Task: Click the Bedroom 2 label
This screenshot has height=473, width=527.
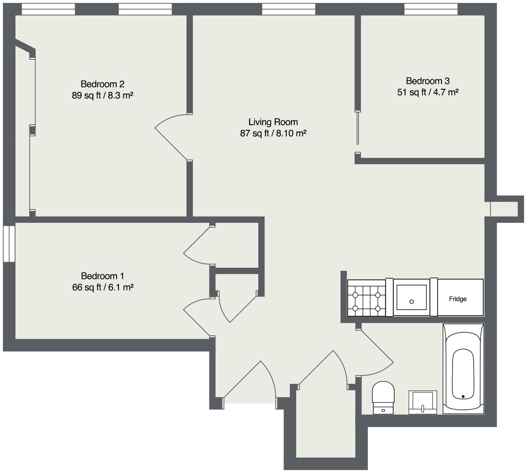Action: click(103, 84)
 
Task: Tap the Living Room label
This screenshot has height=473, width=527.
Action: click(273, 122)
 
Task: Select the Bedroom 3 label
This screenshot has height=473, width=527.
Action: click(428, 81)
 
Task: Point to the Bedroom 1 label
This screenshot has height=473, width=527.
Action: click(103, 276)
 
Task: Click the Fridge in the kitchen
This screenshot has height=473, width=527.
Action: click(460, 298)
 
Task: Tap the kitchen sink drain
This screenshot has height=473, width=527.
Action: click(412, 302)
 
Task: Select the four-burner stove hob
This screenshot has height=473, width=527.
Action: click(366, 298)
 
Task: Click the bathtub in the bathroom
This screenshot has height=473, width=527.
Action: click(463, 368)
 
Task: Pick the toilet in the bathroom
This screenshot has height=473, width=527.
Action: click(383, 398)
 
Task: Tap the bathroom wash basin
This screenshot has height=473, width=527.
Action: click(423, 402)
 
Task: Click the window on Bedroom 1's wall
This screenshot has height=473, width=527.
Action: click(9, 244)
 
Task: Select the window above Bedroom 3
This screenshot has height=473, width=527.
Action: click(431, 9)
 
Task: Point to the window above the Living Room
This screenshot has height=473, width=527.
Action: click(289, 9)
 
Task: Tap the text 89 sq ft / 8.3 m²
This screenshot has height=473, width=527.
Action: click(103, 95)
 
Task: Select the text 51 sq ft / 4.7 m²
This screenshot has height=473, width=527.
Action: click(428, 92)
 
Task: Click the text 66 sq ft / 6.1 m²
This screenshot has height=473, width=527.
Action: click(103, 287)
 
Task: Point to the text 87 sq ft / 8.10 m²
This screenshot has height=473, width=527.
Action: click(273, 133)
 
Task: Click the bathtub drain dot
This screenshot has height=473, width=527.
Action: click(463, 397)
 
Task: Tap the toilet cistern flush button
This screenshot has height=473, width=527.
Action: click(383, 410)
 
